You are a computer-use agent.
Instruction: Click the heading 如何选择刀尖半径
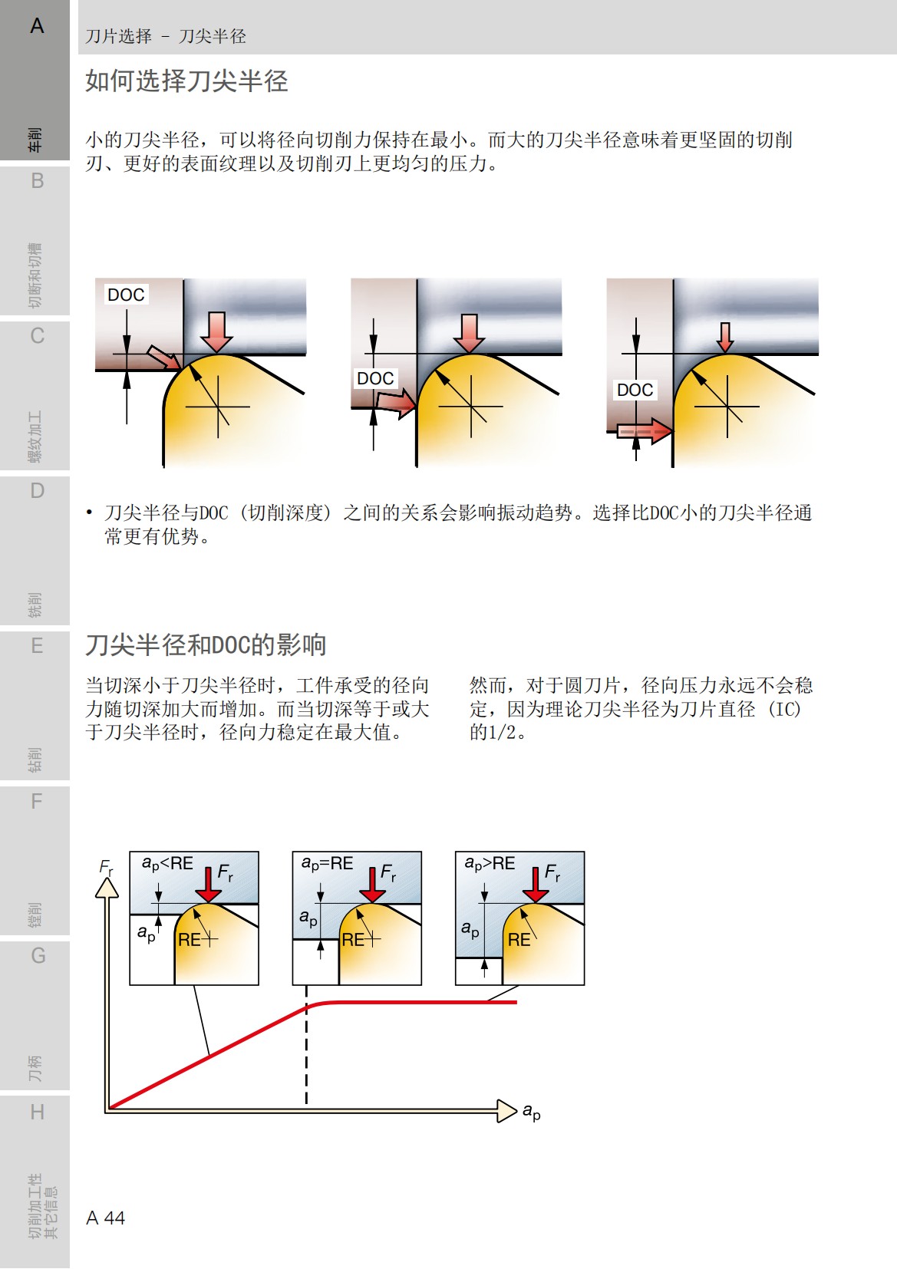click(x=186, y=81)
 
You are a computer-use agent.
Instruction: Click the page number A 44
click(x=105, y=1218)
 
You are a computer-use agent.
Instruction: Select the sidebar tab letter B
click(x=37, y=181)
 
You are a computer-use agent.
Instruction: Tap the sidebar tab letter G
click(x=38, y=956)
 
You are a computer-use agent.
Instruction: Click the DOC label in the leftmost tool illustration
click(x=126, y=295)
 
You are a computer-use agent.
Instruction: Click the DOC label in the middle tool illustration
click(x=375, y=378)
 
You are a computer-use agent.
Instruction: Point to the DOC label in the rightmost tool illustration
click(x=635, y=390)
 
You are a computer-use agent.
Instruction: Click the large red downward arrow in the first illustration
click(x=217, y=331)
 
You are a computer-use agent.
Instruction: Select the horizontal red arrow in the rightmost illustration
click(x=645, y=430)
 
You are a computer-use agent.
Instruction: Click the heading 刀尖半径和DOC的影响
click(x=206, y=644)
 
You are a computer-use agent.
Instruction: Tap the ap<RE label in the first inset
click(x=167, y=864)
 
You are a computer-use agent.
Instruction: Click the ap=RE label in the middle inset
click(x=328, y=864)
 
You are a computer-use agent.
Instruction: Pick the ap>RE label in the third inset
click(x=490, y=864)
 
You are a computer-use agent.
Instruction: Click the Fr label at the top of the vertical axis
click(x=107, y=868)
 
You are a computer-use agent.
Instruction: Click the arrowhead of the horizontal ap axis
click(x=506, y=1110)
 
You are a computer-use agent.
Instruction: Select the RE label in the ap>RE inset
click(x=519, y=940)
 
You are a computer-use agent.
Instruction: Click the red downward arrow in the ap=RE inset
click(x=372, y=884)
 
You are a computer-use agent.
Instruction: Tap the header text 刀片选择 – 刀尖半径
click(x=166, y=36)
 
